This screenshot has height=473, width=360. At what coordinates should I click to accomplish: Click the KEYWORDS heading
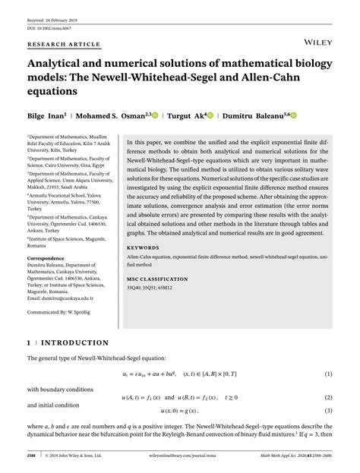(x=142, y=248)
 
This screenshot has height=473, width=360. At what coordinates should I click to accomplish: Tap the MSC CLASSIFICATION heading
(x=158, y=280)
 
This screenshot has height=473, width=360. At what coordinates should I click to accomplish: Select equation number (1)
(x=329, y=374)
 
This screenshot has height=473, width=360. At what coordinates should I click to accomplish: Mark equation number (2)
(x=329, y=398)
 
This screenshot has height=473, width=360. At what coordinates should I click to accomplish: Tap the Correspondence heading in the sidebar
(x=49, y=258)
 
